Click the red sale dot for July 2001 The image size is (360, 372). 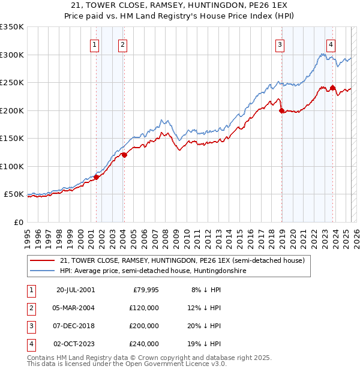[96, 177]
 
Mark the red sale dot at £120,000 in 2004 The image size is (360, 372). [124, 155]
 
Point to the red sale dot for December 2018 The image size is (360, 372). [281, 110]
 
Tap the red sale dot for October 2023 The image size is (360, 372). [332, 88]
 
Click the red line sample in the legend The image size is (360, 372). [41, 260]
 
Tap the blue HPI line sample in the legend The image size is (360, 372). [41, 271]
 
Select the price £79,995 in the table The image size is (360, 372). [145, 290]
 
